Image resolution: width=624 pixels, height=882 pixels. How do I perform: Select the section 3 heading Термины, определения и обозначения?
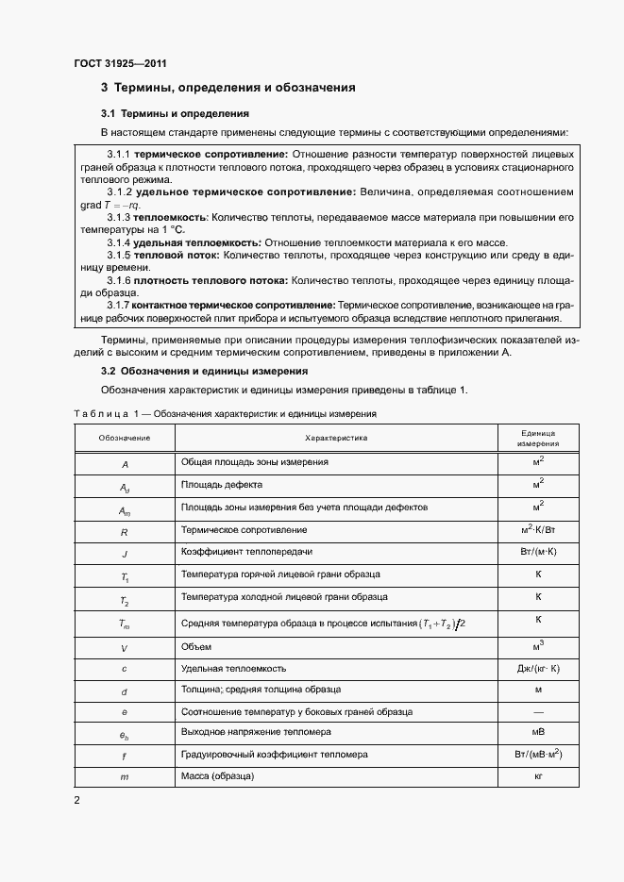pos(228,88)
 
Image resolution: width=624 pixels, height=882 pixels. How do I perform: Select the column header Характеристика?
pos(336,438)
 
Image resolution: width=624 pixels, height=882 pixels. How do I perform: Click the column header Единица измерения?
pos(538,438)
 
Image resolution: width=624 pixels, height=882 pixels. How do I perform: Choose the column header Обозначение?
pos(124,438)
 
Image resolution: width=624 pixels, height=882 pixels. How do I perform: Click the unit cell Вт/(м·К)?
pos(538,552)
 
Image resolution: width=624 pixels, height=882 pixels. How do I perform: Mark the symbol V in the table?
pos(124,648)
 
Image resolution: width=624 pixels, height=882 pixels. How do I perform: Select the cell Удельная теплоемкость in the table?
pos(233,669)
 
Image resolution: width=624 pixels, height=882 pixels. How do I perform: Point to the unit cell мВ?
pos(538,732)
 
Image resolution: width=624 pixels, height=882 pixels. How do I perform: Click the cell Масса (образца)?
pos(218,775)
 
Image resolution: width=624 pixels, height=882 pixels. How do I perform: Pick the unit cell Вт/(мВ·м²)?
pos(538,754)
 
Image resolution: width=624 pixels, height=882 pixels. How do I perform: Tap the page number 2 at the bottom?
pos(77,800)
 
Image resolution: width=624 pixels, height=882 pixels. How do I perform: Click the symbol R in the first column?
pos(124,532)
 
